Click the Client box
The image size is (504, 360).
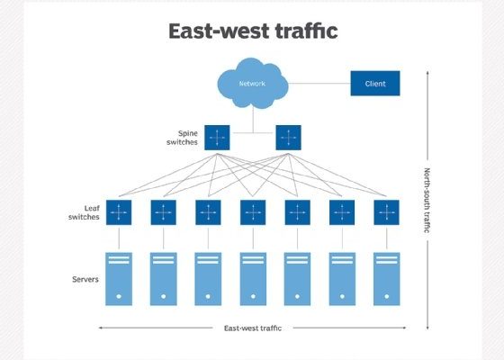tap(375, 83)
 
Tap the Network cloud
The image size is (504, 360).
tap(253, 83)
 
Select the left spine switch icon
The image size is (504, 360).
tap(217, 138)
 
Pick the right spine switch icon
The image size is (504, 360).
tap(288, 138)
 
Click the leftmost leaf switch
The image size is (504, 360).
tap(119, 212)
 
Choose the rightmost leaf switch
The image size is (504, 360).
tap(386, 212)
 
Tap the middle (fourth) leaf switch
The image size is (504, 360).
tap(253, 212)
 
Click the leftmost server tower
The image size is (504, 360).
tap(119, 279)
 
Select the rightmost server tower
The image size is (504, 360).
tap(387, 279)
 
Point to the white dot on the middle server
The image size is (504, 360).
tap(253, 296)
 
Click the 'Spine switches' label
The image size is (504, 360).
tap(182, 138)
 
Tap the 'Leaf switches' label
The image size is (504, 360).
tap(84, 212)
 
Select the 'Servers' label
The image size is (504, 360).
tap(85, 279)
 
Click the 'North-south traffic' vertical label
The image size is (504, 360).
tap(427, 200)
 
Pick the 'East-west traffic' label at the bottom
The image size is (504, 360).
tap(253, 328)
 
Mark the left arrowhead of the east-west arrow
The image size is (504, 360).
tap(100, 328)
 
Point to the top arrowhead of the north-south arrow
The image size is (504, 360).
tap(427, 73)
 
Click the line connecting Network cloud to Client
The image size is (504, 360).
tap(319, 83)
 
